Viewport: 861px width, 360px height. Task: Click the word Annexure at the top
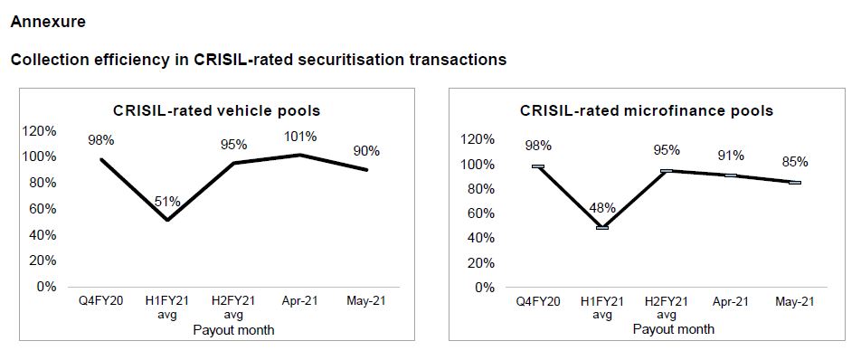[x=48, y=20]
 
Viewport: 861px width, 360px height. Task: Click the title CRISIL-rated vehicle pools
[x=216, y=110]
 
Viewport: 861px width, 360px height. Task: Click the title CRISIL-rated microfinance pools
[x=646, y=110]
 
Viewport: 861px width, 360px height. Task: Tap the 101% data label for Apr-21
[x=300, y=137]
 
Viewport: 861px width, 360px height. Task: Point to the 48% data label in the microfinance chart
[x=601, y=207]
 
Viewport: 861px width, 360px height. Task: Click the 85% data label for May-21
[x=795, y=163]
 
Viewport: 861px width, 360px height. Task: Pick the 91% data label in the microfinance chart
[x=731, y=155]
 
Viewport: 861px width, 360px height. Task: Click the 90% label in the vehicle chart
[x=366, y=151]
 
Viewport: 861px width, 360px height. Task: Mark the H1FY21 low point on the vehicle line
[x=167, y=220]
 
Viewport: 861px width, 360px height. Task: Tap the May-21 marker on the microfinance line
[x=795, y=182]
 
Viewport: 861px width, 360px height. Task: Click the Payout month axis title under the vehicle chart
[x=233, y=330]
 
